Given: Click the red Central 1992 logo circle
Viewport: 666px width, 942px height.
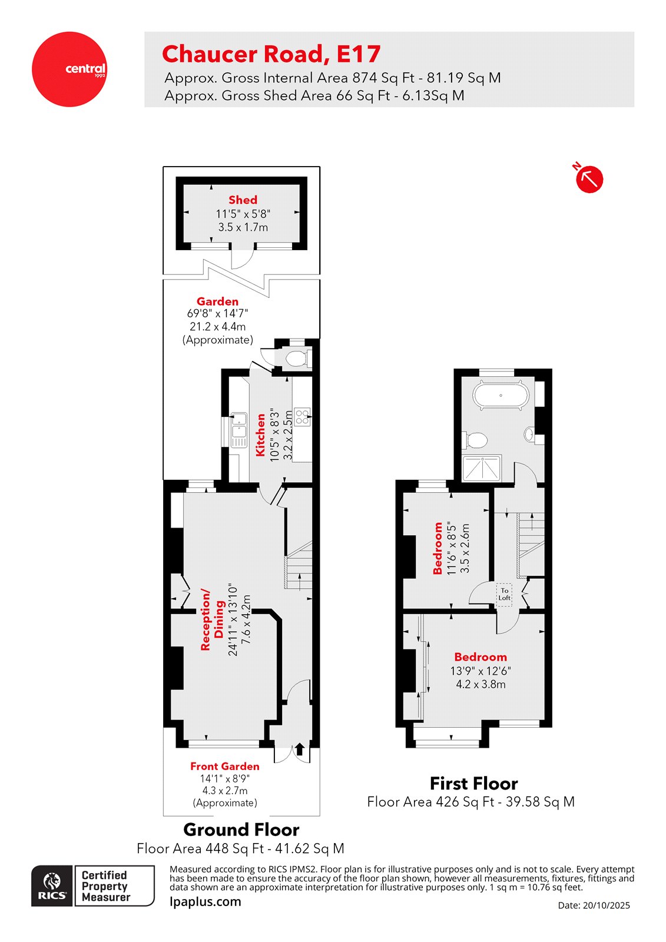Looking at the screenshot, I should [x=69, y=69].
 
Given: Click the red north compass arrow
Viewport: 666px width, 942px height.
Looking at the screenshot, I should [x=589, y=179].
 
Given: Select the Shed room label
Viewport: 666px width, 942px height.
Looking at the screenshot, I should [x=243, y=200].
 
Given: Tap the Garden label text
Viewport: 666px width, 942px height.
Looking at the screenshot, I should [x=217, y=301].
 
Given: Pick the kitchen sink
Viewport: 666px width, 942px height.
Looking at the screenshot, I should [x=238, y=429].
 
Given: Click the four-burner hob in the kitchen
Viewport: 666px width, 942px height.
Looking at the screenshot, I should [x=302, y=417].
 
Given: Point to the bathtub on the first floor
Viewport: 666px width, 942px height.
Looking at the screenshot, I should [x=501, y=395].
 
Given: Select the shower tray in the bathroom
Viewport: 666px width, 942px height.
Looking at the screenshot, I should [x=482, y=468].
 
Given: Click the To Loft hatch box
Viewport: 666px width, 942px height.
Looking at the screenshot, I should [x=504, y=594].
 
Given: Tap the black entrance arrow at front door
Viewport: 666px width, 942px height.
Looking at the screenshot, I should [x=299, y=749].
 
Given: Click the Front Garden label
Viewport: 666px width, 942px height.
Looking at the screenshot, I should [x=224, y=767].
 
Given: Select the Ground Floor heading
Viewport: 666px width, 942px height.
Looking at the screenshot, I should [x=241, y=830].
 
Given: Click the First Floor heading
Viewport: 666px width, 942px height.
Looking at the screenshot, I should [x=473, y=784].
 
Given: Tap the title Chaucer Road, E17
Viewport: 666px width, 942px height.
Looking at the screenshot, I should [x=271, y=54].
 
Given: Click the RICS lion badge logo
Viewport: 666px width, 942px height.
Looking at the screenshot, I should [x=52, y=885].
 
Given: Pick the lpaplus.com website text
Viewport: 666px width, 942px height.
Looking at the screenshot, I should [x=205, y=901].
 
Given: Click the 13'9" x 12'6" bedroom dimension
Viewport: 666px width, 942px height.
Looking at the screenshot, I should [x=481, y=671].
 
